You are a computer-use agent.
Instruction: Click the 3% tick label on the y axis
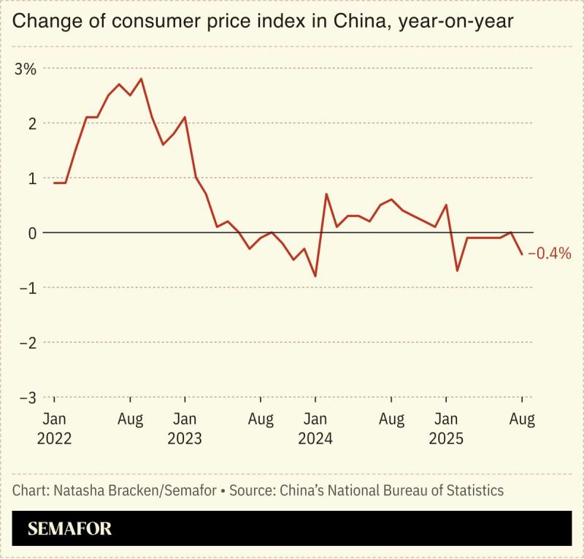coord(25,69)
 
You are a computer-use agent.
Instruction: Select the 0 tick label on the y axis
coord(31,233)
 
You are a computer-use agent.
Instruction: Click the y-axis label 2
coord(31,123)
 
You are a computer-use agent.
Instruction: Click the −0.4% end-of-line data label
coord(549,254)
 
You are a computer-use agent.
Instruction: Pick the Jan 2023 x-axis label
coord(185,429)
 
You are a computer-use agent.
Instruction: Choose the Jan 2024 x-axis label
coord(315,429)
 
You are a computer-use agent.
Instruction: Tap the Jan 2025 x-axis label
coord(446,429)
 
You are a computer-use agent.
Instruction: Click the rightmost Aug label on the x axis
coord(522,419)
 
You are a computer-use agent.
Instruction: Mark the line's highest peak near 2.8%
coord(141,79)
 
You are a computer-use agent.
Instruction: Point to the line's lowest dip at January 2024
coord(315,276)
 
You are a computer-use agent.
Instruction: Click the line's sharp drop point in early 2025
coord(457,271)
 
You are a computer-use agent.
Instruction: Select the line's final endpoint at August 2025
coord(522,254)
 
